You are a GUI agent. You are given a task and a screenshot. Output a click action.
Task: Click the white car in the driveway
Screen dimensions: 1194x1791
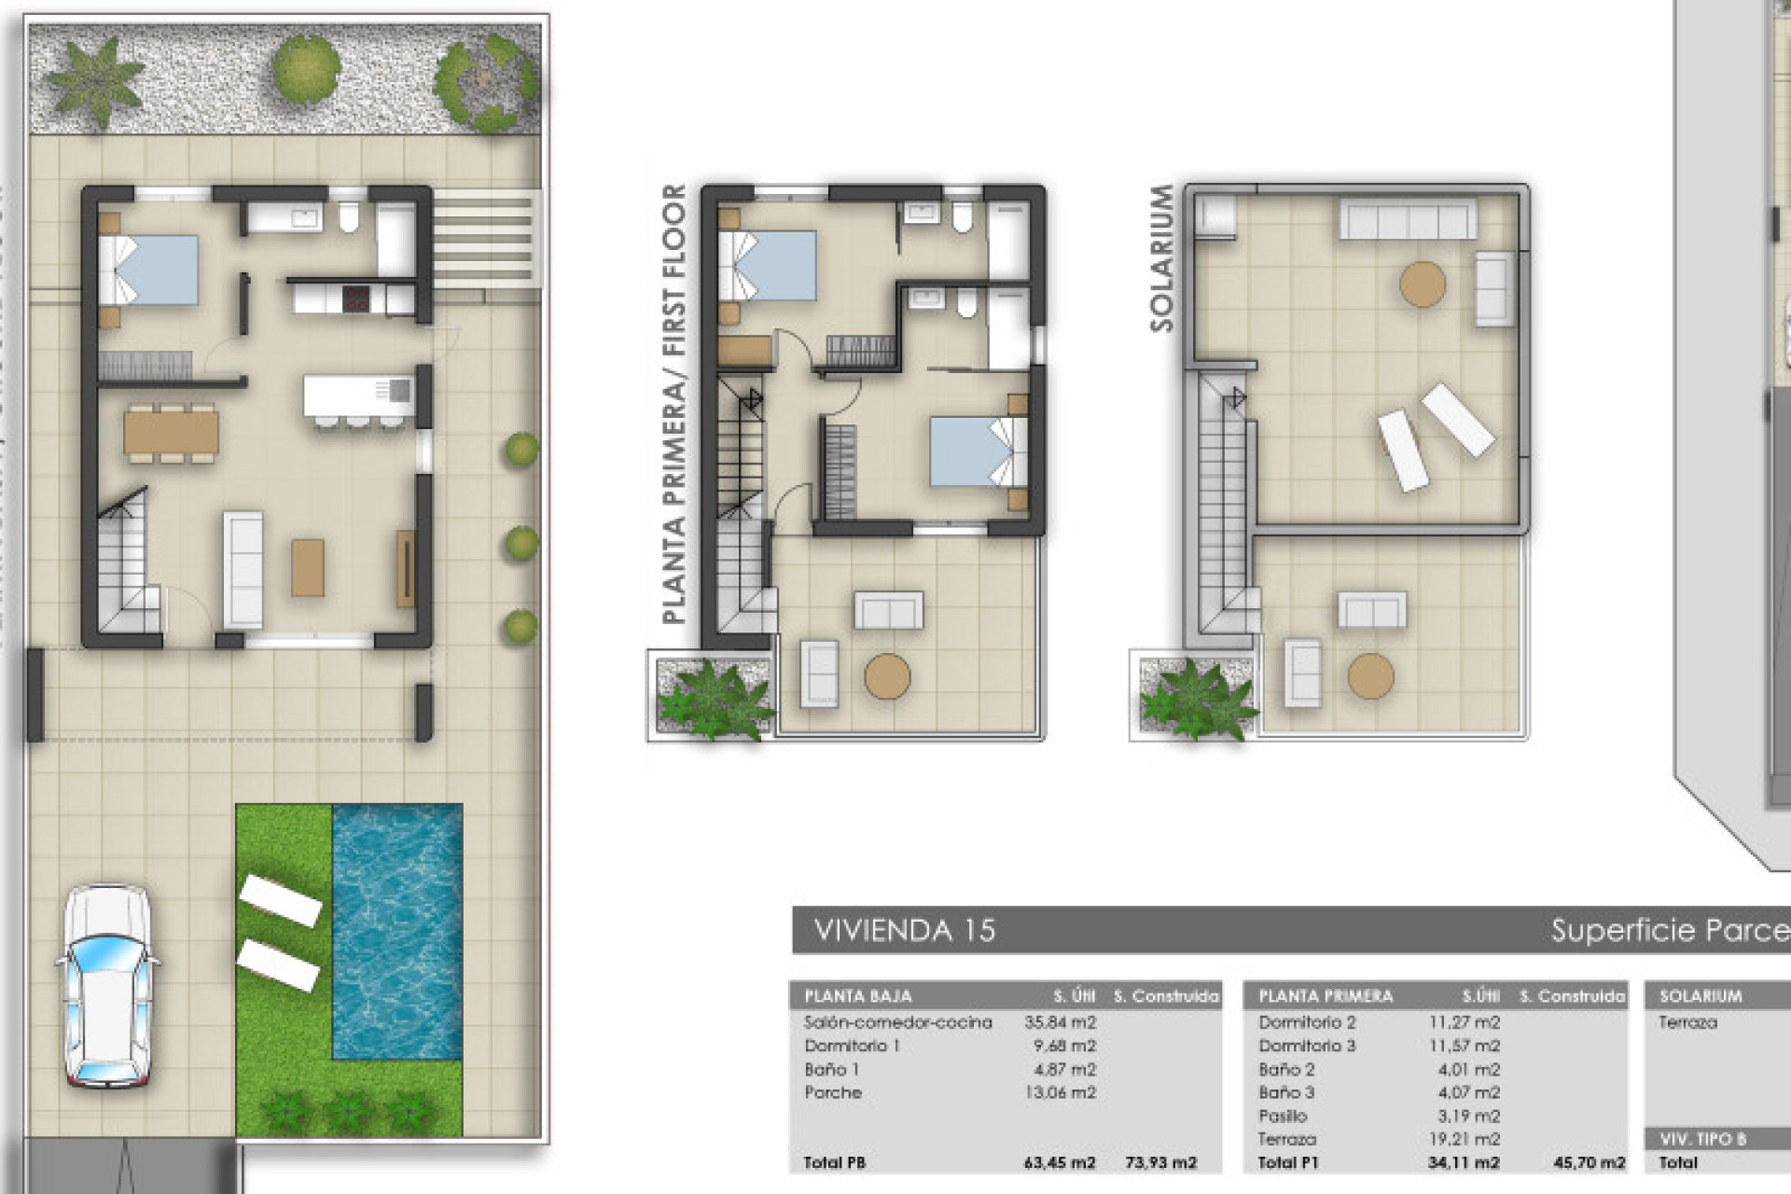[107, 987]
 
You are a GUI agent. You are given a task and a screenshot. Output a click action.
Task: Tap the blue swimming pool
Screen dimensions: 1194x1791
[397, 933]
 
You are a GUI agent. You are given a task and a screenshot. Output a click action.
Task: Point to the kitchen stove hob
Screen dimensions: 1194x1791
[356, 299]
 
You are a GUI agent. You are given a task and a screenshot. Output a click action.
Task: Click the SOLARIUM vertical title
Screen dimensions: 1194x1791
[1161, 258]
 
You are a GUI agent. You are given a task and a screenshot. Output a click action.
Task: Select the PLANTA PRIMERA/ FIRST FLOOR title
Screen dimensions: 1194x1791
[673, 403]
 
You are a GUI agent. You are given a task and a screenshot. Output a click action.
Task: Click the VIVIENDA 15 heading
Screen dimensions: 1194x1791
[904, 930]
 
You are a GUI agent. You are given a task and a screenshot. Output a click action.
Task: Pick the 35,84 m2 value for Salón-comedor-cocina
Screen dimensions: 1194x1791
[1060, 1022]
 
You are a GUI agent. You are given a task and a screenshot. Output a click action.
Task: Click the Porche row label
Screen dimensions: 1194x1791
[833, 1092]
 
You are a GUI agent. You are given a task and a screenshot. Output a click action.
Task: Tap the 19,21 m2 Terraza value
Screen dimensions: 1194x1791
[1464, 1139]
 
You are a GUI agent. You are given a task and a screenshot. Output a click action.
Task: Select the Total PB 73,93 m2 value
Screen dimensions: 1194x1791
[1160, 1163]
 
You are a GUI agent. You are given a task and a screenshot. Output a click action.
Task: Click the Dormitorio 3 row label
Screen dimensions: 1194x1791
[1306, 1046]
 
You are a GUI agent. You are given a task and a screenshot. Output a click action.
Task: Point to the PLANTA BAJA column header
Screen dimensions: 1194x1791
[857, 996]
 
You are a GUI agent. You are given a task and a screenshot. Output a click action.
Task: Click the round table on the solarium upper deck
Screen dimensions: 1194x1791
[1422, 284]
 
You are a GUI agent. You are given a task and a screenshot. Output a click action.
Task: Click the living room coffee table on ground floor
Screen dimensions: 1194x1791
[308, 567]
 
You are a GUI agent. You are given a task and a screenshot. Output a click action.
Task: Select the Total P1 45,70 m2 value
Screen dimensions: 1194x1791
[1589, 1163]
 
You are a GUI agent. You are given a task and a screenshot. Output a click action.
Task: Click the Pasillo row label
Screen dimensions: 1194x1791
[1283, 1116]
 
